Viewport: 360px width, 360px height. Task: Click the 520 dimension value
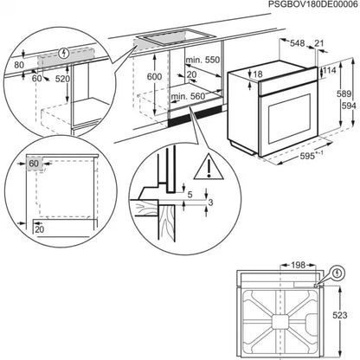[x=63, y=78]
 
